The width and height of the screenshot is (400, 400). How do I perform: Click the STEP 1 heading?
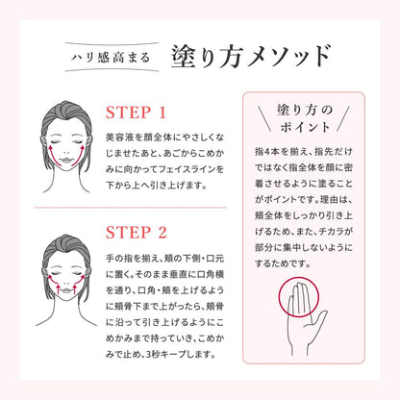tap(136, 112)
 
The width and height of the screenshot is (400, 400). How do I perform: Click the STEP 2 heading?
tap(137, 233)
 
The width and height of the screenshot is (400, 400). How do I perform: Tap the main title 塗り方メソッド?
tap(251, 57)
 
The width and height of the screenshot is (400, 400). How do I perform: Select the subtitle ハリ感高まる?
tap(111, 58)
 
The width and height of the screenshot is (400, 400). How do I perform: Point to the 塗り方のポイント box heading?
tap(305, 118)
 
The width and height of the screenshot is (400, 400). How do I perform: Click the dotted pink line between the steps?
tap(131, 208)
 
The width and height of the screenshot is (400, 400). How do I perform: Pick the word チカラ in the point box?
tap(332, 232)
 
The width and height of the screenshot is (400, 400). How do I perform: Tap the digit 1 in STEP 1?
tap(162, 112)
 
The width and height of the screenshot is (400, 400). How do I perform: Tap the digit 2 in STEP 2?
tap(162, 233)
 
